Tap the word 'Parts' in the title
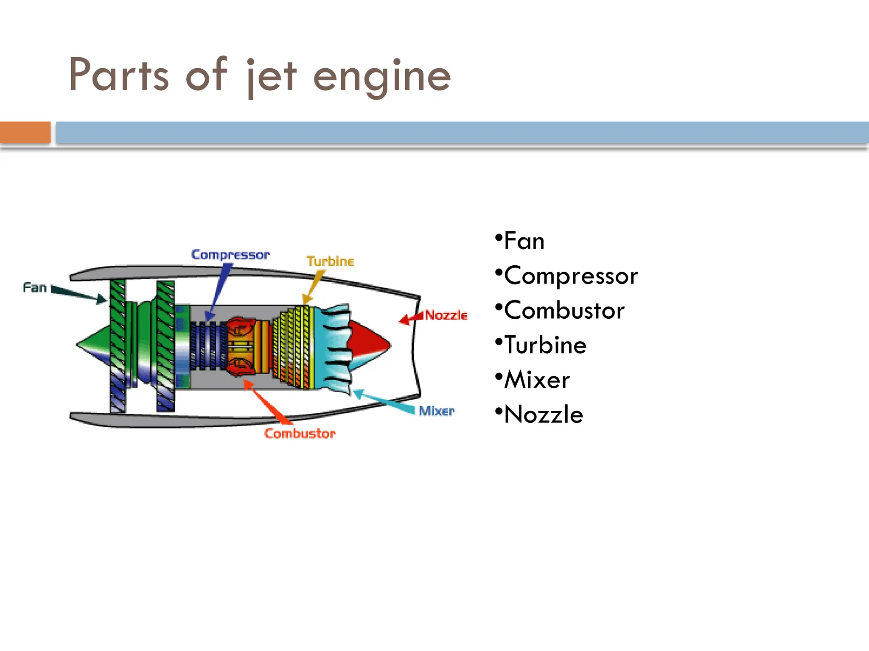(119, 75)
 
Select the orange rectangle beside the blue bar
(25, 132)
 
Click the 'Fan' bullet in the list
(524, 242)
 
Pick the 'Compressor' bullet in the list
(571, 276)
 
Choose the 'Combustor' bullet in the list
(564, 311)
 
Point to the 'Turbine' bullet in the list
(545, 345)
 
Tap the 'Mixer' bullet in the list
(537, 380)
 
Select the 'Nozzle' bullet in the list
(544, 415)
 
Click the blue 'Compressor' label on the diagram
(230, 255)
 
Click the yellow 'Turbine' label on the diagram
(330, 262)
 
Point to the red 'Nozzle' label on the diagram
(446, 315)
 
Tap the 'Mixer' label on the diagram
(436, 411)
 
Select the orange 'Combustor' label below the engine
(300, 433)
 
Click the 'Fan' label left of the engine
(34, 288)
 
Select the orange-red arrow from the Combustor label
(267, 403)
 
